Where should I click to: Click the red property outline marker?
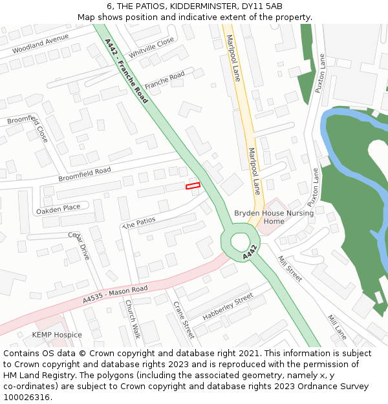(193, 186)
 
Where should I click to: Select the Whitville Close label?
(151, 47)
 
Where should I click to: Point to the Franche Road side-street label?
(164, 81)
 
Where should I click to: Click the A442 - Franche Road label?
(126, 70)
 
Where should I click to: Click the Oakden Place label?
(58, 208)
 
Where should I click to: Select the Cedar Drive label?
(79, 246)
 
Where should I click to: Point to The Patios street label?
(139, 221)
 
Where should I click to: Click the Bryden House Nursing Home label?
(274, 217)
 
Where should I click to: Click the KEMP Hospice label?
(57, 335)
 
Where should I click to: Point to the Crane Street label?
(184, 319)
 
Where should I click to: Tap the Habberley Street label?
(228, 307)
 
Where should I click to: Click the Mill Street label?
(290, 268)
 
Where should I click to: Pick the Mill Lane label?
(337, 327)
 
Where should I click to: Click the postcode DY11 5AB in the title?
(262, 6)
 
